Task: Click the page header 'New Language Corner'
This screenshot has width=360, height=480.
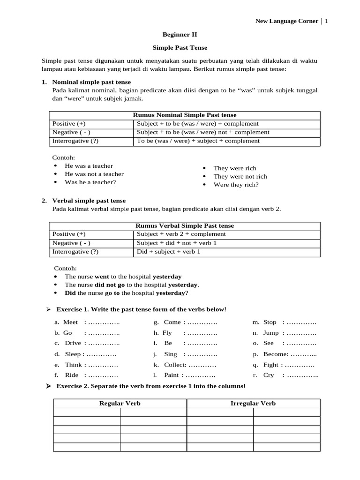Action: click(x=286, y=21)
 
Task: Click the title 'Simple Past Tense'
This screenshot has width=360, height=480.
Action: click(x=180, y=47)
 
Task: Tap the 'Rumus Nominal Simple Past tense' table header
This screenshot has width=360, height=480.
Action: click(x=185, y=115)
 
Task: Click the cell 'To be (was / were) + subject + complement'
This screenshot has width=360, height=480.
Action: click(x=198, y=141)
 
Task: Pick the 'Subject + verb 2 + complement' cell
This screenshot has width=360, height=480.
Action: click(x=181, y=234)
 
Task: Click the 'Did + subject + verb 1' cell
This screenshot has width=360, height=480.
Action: click(x=168, y=252)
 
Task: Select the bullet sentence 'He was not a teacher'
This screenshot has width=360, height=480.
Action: click(x=94, y=174)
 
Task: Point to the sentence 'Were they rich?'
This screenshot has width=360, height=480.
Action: click(x=236, y=185)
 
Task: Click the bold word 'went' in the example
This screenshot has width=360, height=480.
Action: click(x=102, y=277)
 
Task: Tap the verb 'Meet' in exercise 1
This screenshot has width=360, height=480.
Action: click(x=70, y=322)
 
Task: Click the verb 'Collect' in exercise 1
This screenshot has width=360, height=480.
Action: click(x=174, y=365)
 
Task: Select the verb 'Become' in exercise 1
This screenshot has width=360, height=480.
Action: click(x=275, y=354)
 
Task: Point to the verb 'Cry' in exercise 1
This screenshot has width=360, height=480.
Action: click(x=269, y=375)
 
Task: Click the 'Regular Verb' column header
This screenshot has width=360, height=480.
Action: click(x=120, y=403)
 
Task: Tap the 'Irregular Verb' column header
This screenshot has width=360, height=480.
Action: click(x=253, y=403)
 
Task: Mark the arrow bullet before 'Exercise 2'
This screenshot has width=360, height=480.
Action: click(x=48, y=386)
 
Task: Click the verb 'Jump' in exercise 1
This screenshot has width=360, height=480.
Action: click(x=271, y=333)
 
